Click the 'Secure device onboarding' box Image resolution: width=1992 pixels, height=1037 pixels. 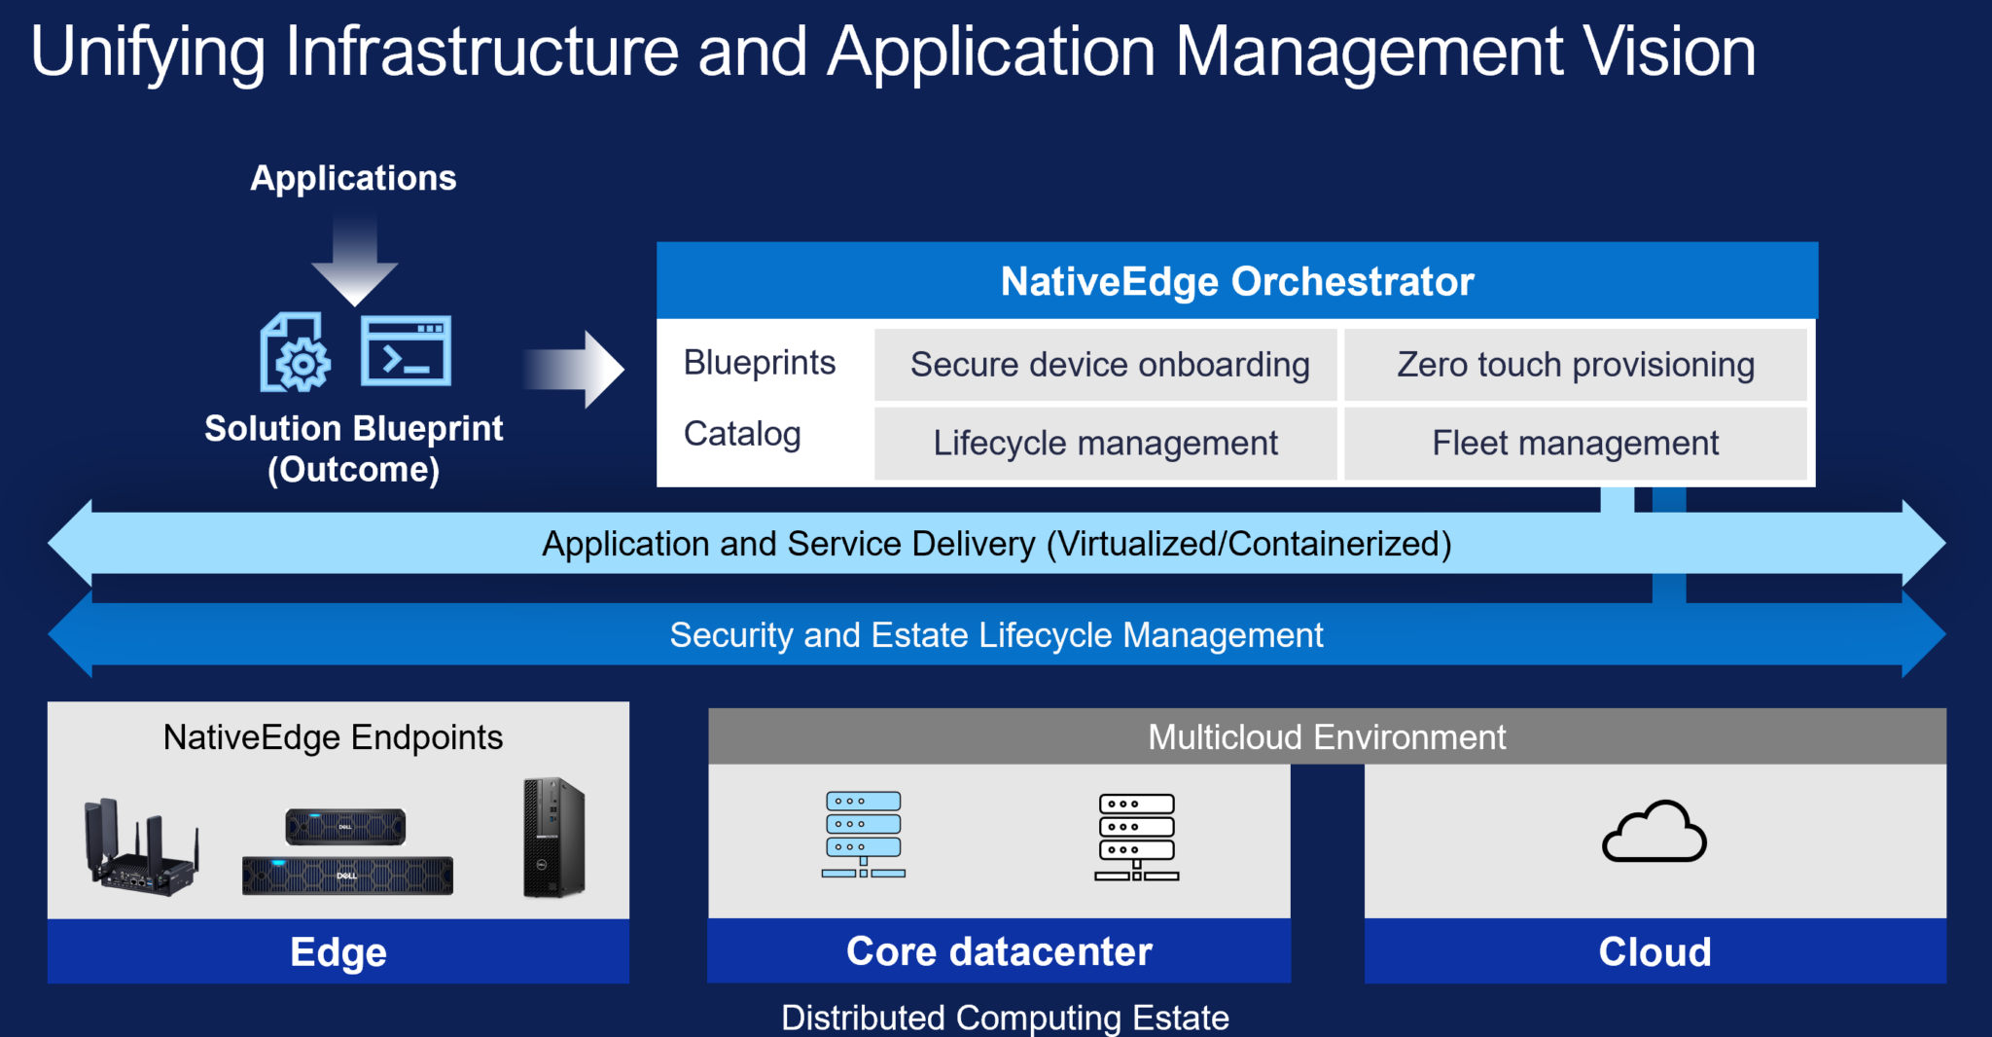tap(1106, 365)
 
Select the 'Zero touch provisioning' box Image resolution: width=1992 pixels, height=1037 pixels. tap(1575, 365)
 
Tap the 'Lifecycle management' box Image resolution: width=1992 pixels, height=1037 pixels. tap(1106, 444)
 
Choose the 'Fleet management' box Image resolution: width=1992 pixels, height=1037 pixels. tap(1575, 444)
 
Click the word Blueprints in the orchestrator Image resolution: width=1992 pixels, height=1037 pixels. tap(760, 363)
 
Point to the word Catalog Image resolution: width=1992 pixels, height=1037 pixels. tap(742, 434)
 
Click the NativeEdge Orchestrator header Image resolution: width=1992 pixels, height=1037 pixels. tap(1236, 281)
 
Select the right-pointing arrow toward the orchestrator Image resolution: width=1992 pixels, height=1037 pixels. tap(578, 370)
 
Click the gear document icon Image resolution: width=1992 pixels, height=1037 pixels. tap(295, 353)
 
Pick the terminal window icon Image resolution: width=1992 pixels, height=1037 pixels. tap(406, 351)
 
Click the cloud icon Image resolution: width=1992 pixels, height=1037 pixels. tap(1654, 833)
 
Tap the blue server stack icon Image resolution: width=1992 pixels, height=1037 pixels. tap(863, 835)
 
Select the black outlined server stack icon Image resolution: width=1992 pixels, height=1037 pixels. tap(1136, 838)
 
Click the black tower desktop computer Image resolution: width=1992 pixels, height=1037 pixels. tap(553, 838)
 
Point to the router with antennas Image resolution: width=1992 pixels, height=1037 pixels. tap(142, 848)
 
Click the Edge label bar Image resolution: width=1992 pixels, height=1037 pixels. tap(338, 951)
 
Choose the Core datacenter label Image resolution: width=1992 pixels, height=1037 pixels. tap(999, 951)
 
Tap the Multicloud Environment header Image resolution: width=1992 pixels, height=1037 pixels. tap(1327, 736)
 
